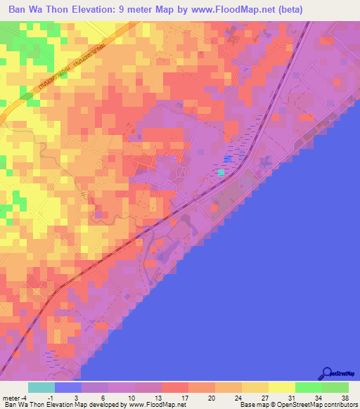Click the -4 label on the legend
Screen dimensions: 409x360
click(x=27, y=398)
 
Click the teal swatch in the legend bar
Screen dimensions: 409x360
click(x=41, y=388)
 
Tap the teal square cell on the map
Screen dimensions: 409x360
click(x=221, y=172)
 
